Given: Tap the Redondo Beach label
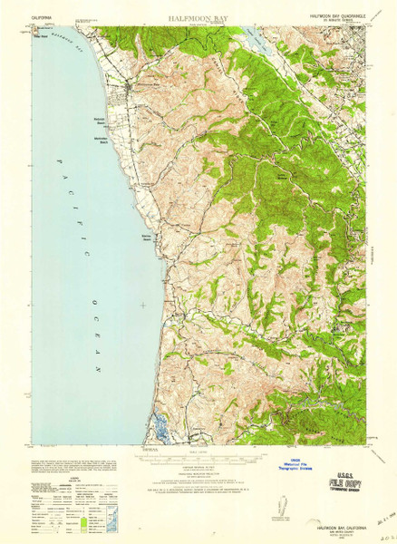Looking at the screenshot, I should pyautogui.click(x=102, y=120).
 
